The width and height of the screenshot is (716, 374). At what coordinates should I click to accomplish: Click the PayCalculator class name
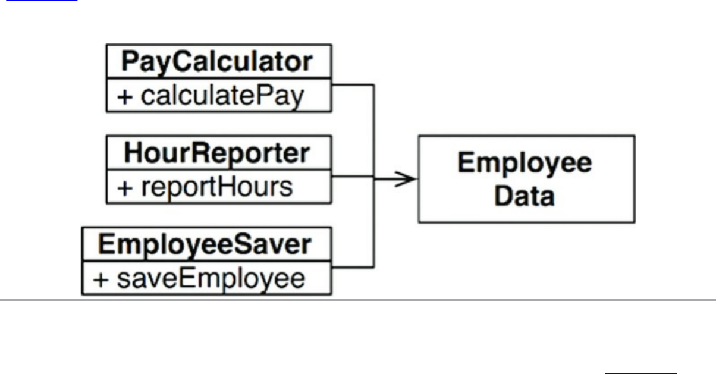[217, 61]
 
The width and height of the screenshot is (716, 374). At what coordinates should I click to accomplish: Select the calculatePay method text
[222, 96]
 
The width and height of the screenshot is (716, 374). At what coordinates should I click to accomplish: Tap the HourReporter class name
[217, 153]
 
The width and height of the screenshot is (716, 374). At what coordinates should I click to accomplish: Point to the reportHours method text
[216, 187]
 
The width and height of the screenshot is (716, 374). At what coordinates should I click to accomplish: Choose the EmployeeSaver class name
[205, 244]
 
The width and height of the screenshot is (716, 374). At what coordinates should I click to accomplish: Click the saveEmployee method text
[211, 279]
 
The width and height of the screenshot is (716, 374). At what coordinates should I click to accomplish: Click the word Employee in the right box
[525, 162]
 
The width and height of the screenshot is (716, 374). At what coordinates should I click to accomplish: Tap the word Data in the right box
[525, 196]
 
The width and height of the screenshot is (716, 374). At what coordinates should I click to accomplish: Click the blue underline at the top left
[41, 1]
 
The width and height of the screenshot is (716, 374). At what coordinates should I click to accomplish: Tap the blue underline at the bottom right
[641, 373]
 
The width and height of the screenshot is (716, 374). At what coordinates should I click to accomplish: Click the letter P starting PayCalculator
[130, 61]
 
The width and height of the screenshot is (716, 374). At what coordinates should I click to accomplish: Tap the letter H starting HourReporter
[133, 153]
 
